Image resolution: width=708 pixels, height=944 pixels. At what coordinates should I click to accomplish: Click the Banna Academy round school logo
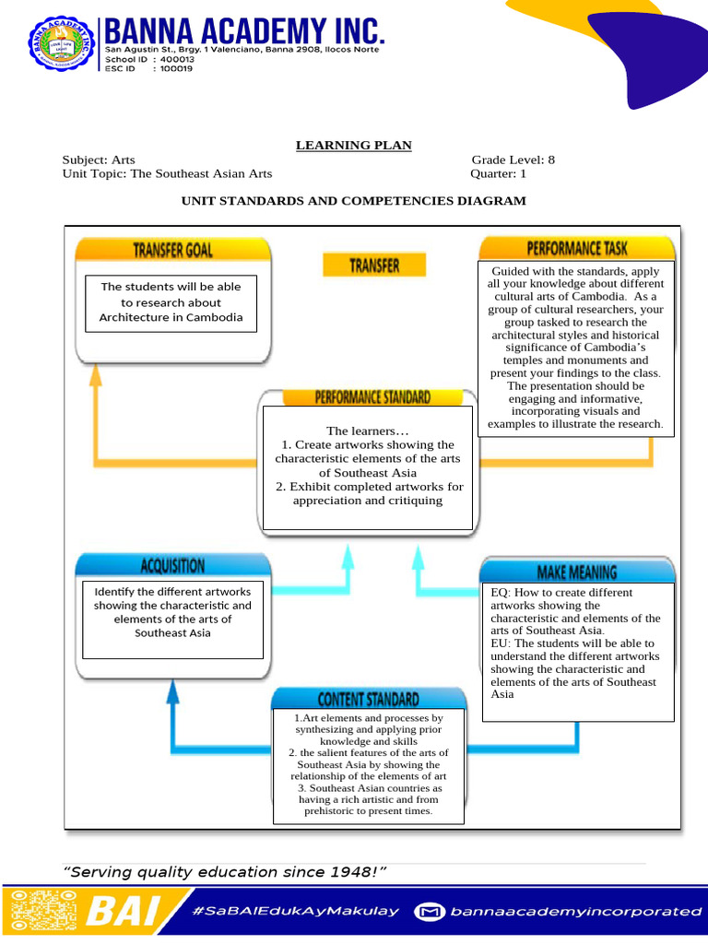(x=60, y=43)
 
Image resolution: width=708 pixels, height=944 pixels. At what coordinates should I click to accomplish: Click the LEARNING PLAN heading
(x=353, y=145)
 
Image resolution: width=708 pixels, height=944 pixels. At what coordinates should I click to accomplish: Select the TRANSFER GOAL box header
(x=173, y=250)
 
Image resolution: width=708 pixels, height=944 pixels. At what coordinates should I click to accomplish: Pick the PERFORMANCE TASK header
(x=577, y=248)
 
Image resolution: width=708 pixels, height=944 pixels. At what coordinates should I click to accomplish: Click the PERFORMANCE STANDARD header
(x=372, y=398)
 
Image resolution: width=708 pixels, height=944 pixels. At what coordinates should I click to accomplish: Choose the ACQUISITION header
(x=173, y=565)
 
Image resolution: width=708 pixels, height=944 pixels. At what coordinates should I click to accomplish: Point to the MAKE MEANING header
(x=577, y=572)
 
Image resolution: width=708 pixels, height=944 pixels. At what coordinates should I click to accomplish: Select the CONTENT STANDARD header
(x=369, y=700)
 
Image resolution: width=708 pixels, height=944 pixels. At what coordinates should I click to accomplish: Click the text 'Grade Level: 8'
(x=513, y=159)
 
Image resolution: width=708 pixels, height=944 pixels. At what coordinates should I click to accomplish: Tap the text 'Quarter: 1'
(x=498, y=173)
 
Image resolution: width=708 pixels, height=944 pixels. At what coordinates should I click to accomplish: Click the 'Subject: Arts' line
(x=99, y=159)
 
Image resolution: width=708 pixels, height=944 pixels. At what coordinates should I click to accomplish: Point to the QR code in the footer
(x=41, y=911)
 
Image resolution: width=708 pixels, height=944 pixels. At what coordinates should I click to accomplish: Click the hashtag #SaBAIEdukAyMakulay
(x=296, y=911)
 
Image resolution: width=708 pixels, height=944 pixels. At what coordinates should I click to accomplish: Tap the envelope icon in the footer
(x=429, y=912)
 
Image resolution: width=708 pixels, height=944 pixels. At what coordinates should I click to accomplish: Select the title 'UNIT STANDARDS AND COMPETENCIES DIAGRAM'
(x=353, y=201)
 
